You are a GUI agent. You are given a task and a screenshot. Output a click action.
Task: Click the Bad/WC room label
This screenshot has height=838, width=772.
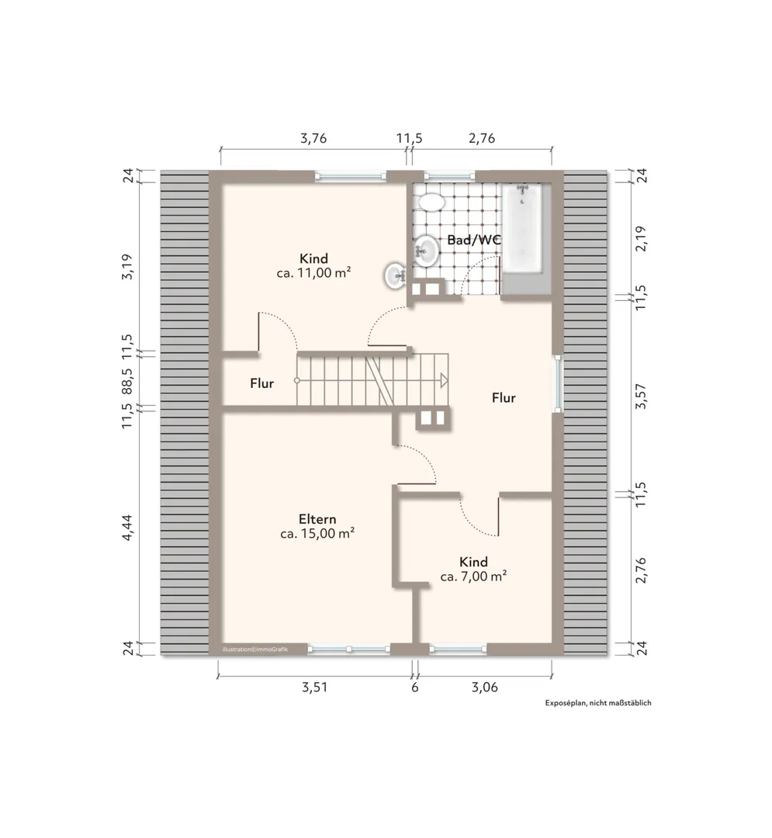pos(474,240)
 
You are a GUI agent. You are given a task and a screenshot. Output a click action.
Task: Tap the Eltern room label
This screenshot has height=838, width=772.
pos(317,519)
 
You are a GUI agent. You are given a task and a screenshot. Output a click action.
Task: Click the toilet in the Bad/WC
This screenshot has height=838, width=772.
pos(431,202)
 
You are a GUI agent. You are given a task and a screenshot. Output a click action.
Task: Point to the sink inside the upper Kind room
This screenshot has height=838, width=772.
pos(396,275)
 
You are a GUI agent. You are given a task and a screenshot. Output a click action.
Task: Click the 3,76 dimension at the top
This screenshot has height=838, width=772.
pos(313,138)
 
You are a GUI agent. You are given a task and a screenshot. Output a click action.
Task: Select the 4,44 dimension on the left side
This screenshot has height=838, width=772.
pos(128,528)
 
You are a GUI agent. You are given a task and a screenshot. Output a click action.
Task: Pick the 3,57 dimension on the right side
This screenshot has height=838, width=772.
pos(641,396)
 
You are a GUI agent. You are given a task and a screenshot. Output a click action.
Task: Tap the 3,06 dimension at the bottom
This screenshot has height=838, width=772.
pos(485,687)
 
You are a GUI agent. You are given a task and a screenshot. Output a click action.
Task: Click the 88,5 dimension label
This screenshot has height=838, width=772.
pos(128,379)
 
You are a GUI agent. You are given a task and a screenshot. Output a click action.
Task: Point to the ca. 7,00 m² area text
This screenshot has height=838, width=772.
pos(473,577)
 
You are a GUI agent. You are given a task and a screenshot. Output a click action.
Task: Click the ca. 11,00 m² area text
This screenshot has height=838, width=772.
pos(313,273)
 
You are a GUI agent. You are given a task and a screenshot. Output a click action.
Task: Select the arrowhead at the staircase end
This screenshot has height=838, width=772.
pos(444,380)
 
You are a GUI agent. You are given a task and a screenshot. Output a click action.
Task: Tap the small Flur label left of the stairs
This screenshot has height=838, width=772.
pos(261,383)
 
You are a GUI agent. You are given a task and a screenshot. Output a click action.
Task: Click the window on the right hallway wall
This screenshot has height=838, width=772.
pos(558,383)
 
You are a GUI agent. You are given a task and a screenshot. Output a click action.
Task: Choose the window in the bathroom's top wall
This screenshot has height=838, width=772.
pos(449,175)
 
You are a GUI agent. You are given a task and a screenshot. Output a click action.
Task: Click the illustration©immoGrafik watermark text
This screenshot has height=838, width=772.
pos(254,649)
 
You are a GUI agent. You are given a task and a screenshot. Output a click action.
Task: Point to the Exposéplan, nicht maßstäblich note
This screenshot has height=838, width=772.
pos(598,703)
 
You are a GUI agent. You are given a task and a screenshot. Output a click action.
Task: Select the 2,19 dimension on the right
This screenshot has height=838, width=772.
pos(641,238)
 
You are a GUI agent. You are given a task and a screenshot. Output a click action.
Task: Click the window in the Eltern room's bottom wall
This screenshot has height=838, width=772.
pos(349,649)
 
